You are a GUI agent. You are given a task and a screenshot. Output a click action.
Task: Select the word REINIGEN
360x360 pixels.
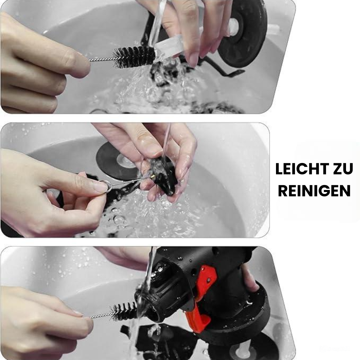pyautogui.click(x=314, y=191)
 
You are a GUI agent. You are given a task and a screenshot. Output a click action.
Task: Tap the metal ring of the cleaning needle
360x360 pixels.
pyautogui.click(x=105, y=186)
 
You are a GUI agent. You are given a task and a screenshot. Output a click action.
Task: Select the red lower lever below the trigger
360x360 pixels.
pyautogui.click(x=197, y=319)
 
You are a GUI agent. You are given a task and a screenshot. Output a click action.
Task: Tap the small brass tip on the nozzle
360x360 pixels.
pyautogui.click(x=152, y=176)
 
